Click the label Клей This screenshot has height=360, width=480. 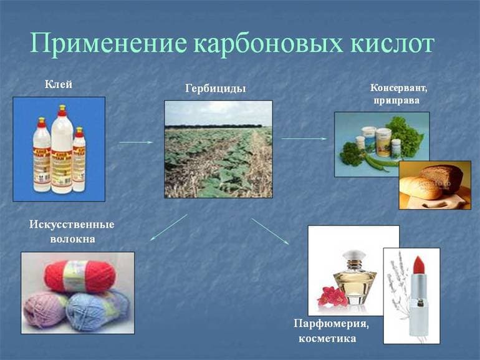[59, 84]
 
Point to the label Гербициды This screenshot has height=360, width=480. [216, 89]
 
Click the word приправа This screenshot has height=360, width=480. [396, 99]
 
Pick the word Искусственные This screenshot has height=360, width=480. [72, 225]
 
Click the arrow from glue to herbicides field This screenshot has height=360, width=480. [136, 142]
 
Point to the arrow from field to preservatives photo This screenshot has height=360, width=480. [304, 139]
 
